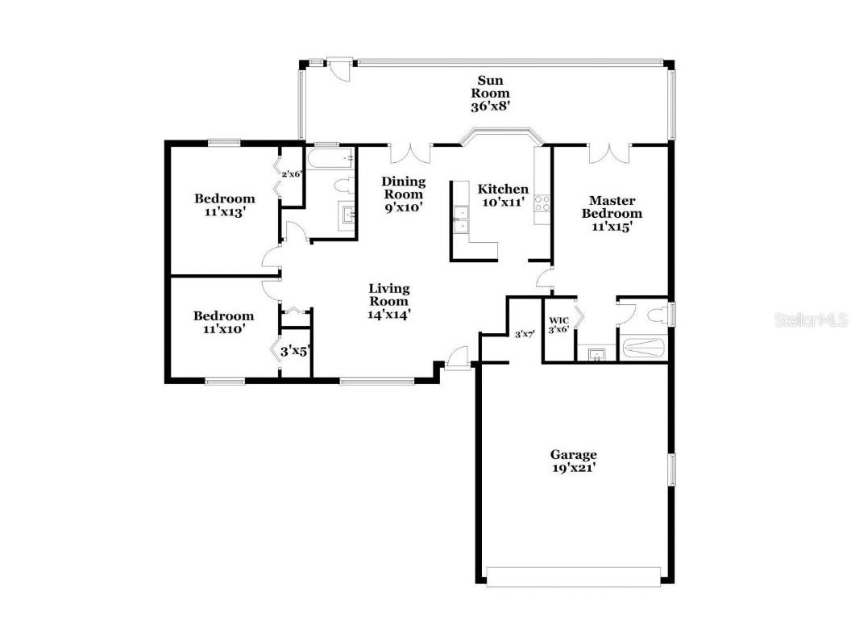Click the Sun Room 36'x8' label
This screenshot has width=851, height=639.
coord(490,93)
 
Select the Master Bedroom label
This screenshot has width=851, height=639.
coord(612,213)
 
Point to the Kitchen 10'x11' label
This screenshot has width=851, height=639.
coord(504,195)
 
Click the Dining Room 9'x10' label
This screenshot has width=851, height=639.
coord(403,194)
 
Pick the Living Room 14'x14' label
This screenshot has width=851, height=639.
coord(389,301)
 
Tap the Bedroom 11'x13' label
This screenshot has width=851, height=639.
coord(224,205)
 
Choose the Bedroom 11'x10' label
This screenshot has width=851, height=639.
coord(224,322)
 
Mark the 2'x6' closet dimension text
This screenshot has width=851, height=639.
coord(290,173)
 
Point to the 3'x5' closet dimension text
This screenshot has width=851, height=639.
coord(295,351)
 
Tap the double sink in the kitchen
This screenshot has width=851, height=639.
coord(462,220)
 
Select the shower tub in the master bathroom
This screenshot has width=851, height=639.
coord(644,349)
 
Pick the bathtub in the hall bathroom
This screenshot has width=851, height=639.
coord(330,158)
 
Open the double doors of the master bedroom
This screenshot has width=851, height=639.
coord(609,152)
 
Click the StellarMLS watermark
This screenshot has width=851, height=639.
coord(811,320)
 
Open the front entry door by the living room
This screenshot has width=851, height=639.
coord(457,356)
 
